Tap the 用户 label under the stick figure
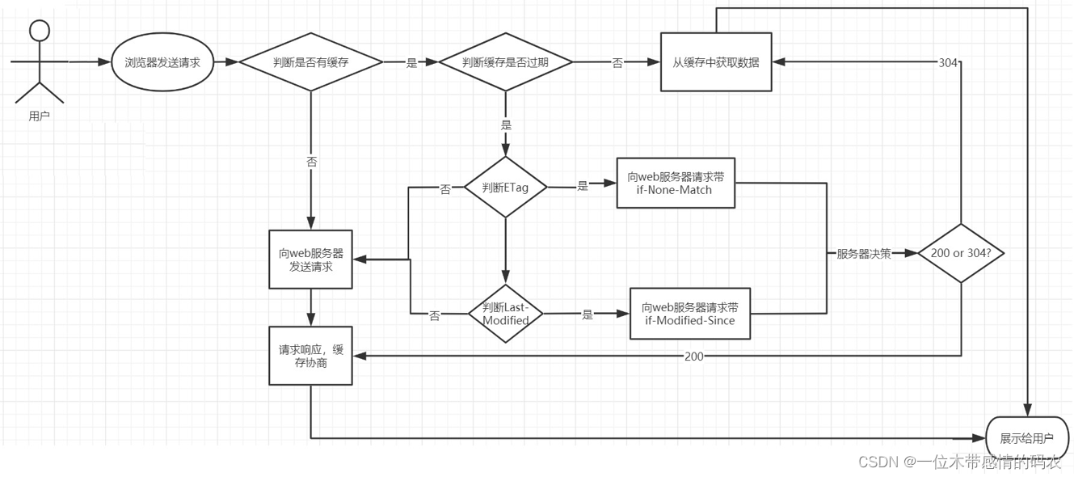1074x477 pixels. (x=39, y=116)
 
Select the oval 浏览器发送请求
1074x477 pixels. (x=162, y=62)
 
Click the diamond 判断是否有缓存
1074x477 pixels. (x=311, y=62)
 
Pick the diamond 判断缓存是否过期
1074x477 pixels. (x=505, y=62)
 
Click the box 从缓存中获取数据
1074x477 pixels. (x=715, y=62)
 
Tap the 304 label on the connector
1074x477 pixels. (x=948, y=63)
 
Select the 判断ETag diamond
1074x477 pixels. (x=505, y=188)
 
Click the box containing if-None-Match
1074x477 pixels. (x=676, y=183)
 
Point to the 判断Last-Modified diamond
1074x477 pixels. (x=506, y=314)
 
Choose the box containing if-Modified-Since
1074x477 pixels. (x=690, y=314)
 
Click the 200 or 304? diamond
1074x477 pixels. (x=961, y=253)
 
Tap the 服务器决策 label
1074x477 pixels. (x=863, y=254)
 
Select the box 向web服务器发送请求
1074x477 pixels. (x=311, y=260)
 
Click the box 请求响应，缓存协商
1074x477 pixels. (x=311, y=357)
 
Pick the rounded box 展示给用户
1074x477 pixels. (x=1027, y=438)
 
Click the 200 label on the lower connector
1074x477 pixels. (x=693, y=357)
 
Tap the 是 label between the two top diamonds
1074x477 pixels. (x=411, y=63)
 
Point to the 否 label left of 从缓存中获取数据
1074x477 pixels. (x=617, y=63)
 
